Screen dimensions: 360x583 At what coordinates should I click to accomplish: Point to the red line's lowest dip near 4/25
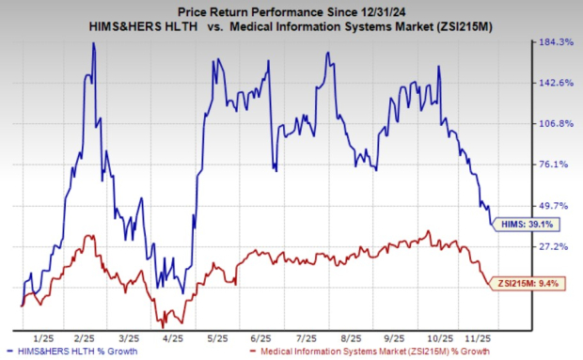pyautogui.click(x=164, y=325)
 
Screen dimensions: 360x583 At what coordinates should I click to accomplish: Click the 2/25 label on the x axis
pyautogui.click(x=86, y=336)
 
